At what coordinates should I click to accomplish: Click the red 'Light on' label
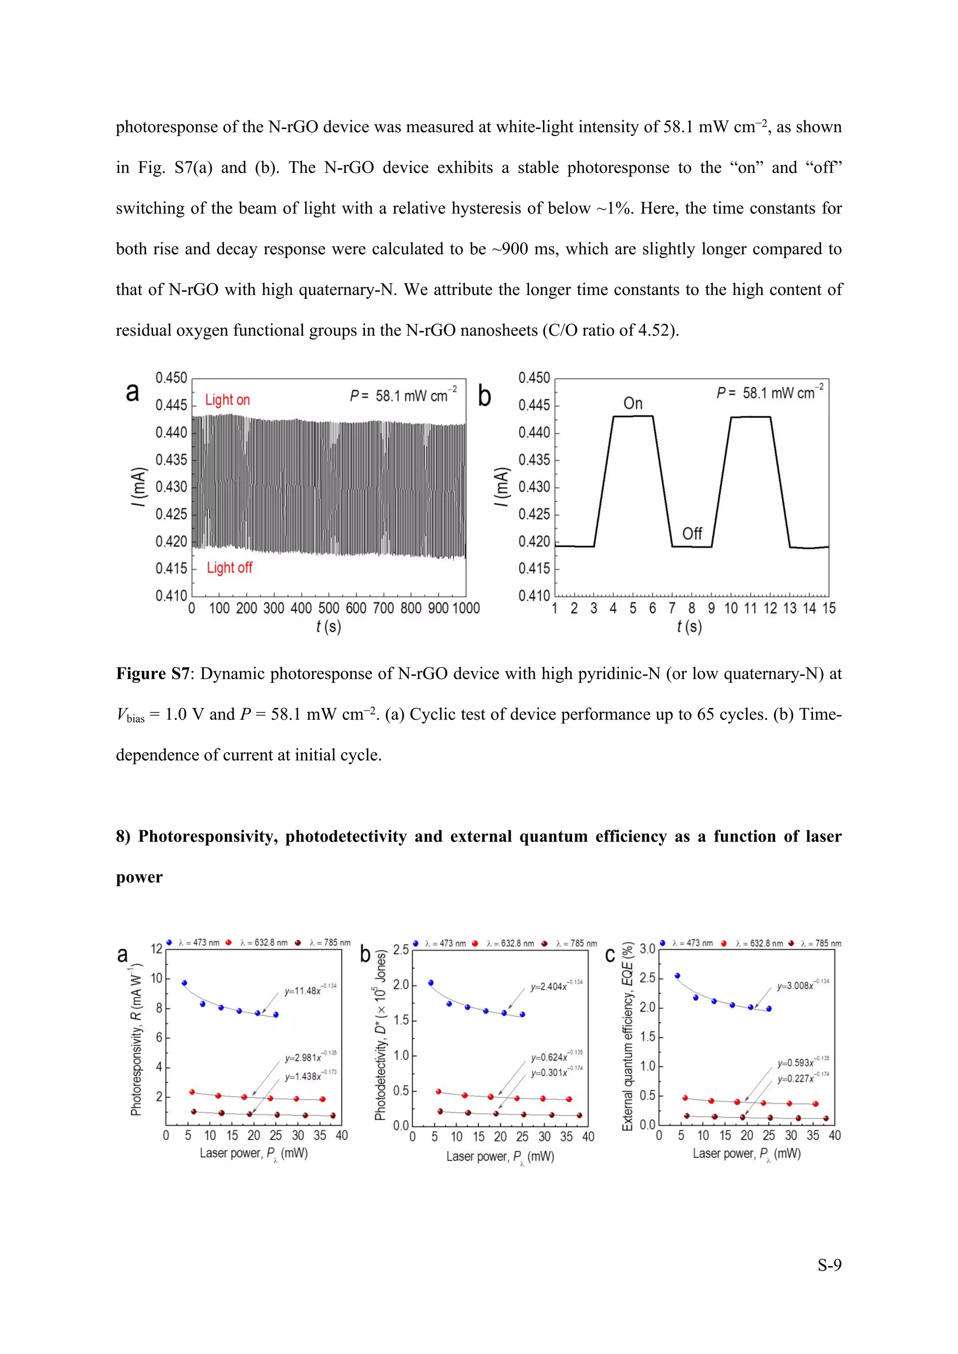tap(227, 400)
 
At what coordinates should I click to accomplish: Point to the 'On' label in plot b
tap(632, 403)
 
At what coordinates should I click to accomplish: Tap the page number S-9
tap(829, 1264)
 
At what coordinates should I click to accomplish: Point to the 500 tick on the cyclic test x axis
tap(328, 608)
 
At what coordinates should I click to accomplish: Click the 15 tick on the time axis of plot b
tap(828, 608)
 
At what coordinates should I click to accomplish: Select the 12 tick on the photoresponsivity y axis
tap(156, 949)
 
